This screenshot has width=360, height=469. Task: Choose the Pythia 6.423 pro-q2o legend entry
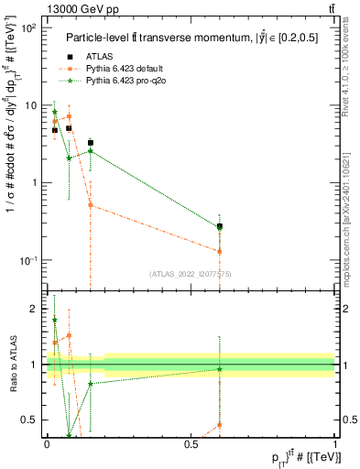pos(124,81)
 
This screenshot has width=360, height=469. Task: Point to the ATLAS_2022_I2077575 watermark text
pos(191,273)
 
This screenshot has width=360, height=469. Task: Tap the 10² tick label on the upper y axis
pos(27,28)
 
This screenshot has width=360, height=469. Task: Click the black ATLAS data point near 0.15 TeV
pos(90,143)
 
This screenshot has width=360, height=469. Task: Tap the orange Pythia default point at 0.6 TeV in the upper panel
pos(220,251)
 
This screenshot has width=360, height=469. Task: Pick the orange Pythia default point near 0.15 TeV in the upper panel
pos(90,205)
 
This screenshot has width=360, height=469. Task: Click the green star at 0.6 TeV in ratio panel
pos(220,369)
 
